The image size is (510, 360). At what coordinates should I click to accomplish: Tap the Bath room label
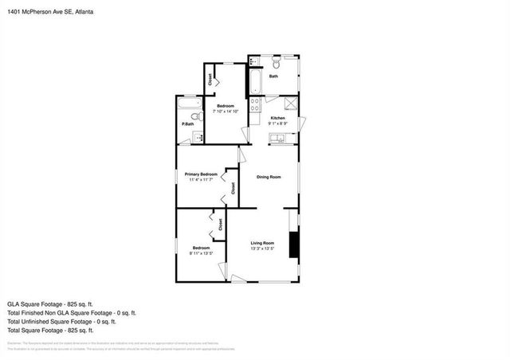[273, 76]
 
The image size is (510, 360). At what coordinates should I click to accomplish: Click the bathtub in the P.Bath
[189, 104]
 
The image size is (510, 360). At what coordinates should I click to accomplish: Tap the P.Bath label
[189, 124]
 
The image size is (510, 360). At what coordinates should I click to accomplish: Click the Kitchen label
[277, 118]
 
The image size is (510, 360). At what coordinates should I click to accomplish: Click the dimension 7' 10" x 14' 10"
[229, 112]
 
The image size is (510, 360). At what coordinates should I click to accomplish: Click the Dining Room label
[269, 177]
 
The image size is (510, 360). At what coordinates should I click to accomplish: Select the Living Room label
[262, 243]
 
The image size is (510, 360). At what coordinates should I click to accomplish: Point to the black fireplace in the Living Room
[293, 245]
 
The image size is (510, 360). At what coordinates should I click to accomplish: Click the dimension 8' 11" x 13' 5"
[202, 253]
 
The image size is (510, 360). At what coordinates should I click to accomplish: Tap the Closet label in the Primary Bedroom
[233, 188]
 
